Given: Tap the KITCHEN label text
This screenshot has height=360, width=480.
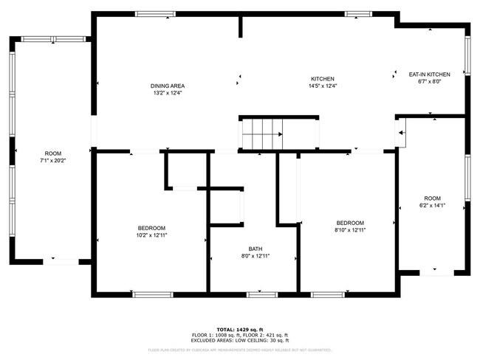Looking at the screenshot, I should (322, 79).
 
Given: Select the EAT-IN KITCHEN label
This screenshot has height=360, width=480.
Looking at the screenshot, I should (430, 75).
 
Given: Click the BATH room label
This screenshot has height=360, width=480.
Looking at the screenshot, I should (255, 249).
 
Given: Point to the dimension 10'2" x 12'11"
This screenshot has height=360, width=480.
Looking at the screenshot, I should (151, 235).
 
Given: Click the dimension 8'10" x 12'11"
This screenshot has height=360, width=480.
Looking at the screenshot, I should (350, 230).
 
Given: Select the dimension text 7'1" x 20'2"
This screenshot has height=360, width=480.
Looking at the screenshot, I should (52, 160).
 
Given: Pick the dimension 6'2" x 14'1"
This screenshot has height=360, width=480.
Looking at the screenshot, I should (432, 206).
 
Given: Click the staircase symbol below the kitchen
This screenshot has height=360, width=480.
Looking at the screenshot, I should (263, 134).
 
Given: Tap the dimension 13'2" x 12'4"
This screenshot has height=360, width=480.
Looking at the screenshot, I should (167, 94).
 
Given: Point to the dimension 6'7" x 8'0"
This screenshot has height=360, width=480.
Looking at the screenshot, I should (430, 82).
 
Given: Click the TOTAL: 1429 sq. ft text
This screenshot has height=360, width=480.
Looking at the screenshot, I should (240, 329).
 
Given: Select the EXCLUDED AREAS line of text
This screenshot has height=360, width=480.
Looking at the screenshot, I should (240, 340).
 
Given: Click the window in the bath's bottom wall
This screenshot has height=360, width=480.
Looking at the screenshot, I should (261, 294).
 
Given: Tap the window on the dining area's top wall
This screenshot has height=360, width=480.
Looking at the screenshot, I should (156, 14).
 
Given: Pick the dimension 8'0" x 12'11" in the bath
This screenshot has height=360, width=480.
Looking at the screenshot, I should (255, 256).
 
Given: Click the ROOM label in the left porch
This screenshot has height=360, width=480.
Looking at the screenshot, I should (52, 153).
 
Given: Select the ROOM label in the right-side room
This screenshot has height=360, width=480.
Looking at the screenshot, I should (432, 198).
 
